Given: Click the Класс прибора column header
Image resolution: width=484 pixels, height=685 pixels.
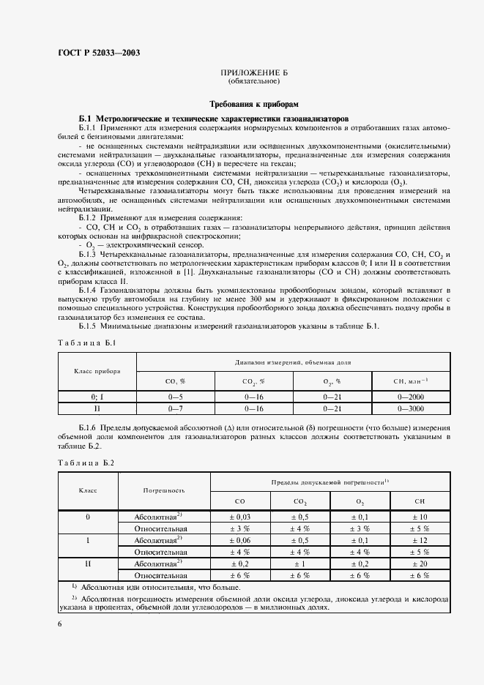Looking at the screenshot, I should pyautogui.click(x=97, y=371).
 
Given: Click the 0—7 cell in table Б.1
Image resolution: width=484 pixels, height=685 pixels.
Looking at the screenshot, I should pyautogui.click(x=176, y=408).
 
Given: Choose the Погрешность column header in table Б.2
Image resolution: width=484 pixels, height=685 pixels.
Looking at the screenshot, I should pyautogui.click(x=164, y=490).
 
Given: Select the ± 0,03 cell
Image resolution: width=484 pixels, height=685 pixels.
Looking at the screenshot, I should pyautogui.click(x=240, y=517).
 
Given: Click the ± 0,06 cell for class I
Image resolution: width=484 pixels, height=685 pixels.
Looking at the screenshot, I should pyautogui.click(x=240, y=540).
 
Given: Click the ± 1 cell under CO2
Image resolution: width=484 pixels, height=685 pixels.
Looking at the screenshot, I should pyautogui.click(x=300, y=564).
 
